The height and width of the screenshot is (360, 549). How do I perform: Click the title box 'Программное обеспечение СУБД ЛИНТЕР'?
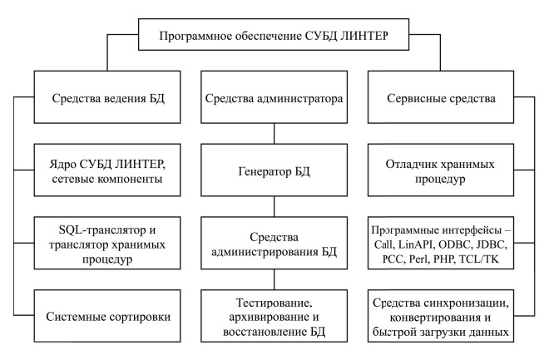coord(274,35)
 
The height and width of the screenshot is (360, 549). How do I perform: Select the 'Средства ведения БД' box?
coord(107,97)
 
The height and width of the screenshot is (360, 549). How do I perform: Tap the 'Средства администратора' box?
coord(274,97)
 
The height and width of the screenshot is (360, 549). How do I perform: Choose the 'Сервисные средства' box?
coord(441,97)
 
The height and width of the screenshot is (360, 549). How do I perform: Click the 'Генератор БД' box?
coord(274,170)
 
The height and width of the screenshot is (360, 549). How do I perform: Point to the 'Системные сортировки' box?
coord(107,316)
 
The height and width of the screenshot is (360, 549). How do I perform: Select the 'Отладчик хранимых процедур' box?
coord(441,170)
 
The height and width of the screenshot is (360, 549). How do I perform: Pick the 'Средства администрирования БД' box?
coord(274,243)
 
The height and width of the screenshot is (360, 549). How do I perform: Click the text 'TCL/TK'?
coord(478,259)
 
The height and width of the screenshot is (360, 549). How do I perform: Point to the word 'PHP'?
coord(443,259)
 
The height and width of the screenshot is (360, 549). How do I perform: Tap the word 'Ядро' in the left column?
coord(62,164)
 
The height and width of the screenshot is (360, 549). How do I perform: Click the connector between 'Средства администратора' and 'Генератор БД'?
coord(274,134)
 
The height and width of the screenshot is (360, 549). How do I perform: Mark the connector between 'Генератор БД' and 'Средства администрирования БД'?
coord(274,206)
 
